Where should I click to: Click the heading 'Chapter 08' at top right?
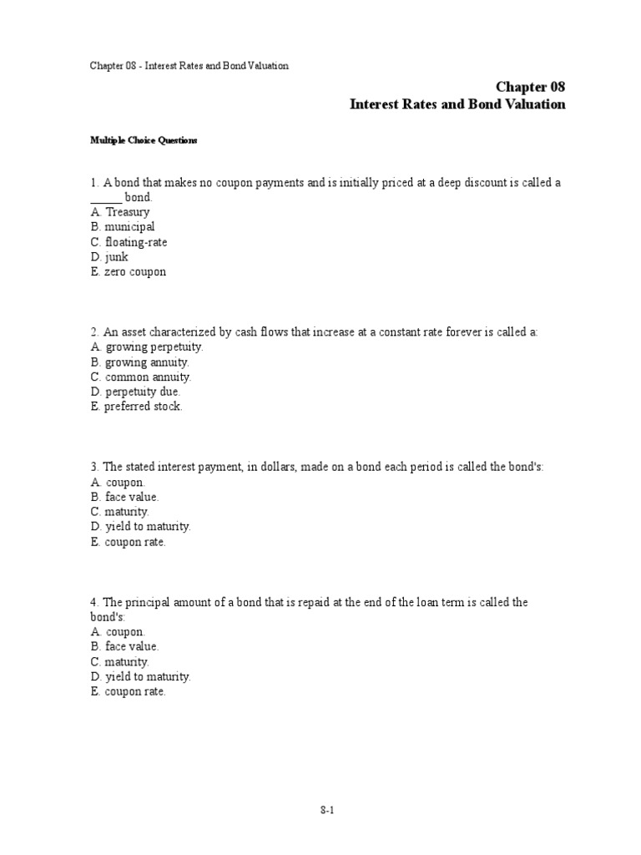pos(530,87)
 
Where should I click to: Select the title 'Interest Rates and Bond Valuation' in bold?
pos(457,104)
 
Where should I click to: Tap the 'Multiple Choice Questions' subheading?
pos(144,140)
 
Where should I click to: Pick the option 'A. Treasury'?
pos(121,212)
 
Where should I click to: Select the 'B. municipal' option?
pos(123,227)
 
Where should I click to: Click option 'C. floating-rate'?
pos(129,242)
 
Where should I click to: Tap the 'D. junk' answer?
pos(110,257)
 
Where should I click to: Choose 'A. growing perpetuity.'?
pos(147,347)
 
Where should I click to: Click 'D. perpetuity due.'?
pos(135,392)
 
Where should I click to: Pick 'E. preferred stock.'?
pos(136,407)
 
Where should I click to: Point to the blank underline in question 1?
pos(106,198)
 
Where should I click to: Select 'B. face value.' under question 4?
pos(124,646)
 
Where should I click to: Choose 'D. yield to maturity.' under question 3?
pos(141,527)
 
